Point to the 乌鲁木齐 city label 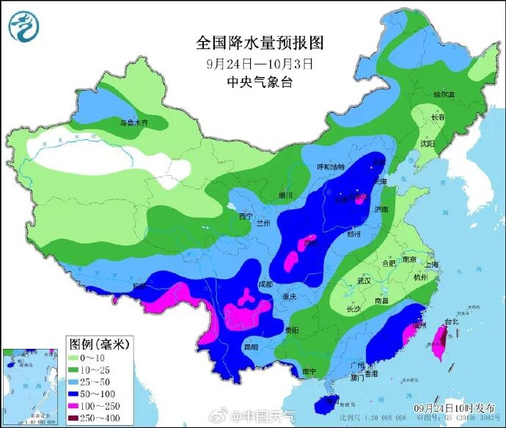[x=133, y=122]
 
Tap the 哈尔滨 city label [x=444, y=95]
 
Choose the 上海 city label [x=431, y=265]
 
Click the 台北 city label [x=450, y=321]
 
